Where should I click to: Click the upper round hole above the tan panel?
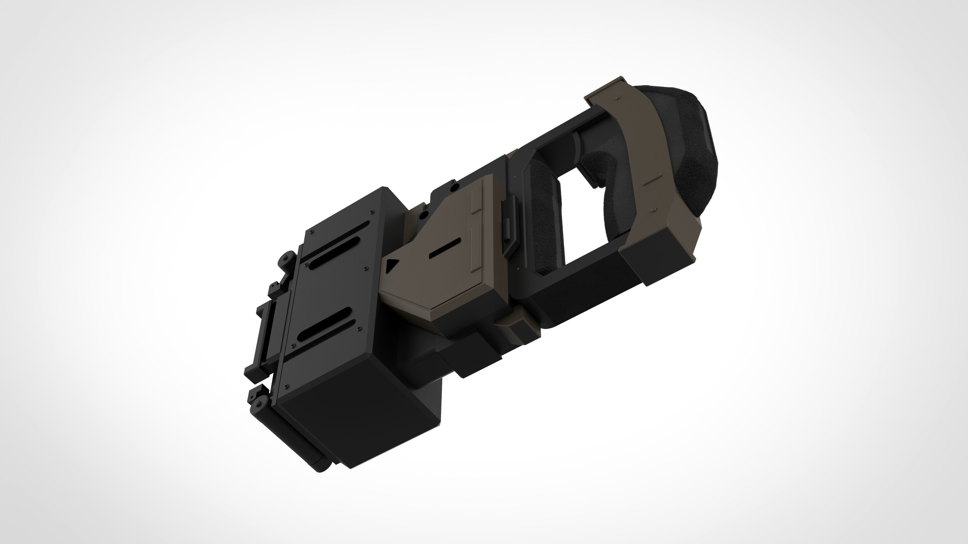[455, 187]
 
